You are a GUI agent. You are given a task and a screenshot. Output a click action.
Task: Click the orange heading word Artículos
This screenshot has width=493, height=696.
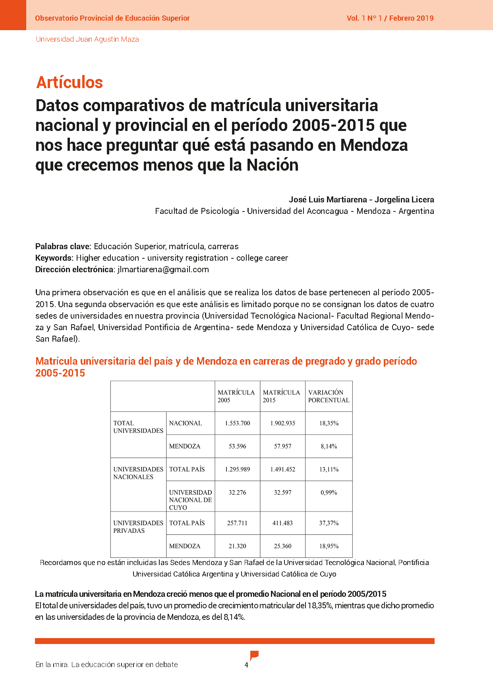point(70,83)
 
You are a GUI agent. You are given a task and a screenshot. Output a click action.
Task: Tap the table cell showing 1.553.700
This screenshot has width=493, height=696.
point(238,423)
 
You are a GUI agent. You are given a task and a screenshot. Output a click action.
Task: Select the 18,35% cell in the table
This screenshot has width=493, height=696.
point(329,423)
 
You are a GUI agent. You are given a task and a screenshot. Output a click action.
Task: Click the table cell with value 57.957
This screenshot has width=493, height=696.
point(282,446)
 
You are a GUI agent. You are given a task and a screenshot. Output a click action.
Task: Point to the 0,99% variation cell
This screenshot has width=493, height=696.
point(329,492)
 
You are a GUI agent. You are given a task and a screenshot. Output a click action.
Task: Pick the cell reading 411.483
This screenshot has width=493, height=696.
point(282,523)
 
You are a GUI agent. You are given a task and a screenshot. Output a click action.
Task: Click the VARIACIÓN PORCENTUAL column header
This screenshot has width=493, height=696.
point(329,396)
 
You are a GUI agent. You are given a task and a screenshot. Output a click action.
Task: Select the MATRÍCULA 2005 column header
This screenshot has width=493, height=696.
point(236,396)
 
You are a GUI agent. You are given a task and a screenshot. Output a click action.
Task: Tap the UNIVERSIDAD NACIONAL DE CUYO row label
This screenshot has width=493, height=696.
point(190,500)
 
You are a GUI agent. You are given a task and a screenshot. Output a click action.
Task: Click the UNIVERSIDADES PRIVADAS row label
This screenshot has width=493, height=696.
point(138,527)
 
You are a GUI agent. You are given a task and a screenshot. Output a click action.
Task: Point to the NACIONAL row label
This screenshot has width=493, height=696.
point(186,423)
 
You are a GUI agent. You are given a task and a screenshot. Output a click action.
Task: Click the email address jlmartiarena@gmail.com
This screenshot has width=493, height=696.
point(163,269)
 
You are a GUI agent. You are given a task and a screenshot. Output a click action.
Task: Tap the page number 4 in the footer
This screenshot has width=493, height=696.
point(246,665)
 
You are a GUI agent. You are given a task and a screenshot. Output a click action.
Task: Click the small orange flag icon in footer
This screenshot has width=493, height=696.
point(254,655)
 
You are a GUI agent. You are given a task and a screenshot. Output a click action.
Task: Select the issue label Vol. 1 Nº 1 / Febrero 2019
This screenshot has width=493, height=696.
point(390,18)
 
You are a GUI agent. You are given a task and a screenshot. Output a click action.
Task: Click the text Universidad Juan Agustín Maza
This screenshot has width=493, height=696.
point(87,39)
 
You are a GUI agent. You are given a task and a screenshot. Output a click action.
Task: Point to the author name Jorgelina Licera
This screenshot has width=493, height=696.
point(404,200)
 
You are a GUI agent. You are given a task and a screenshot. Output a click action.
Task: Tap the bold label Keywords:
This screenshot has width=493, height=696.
point(54,258)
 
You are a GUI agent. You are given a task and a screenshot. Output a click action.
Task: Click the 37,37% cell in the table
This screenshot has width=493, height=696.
point(329,523)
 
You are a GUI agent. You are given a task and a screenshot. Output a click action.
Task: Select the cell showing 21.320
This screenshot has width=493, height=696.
point(238,546)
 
